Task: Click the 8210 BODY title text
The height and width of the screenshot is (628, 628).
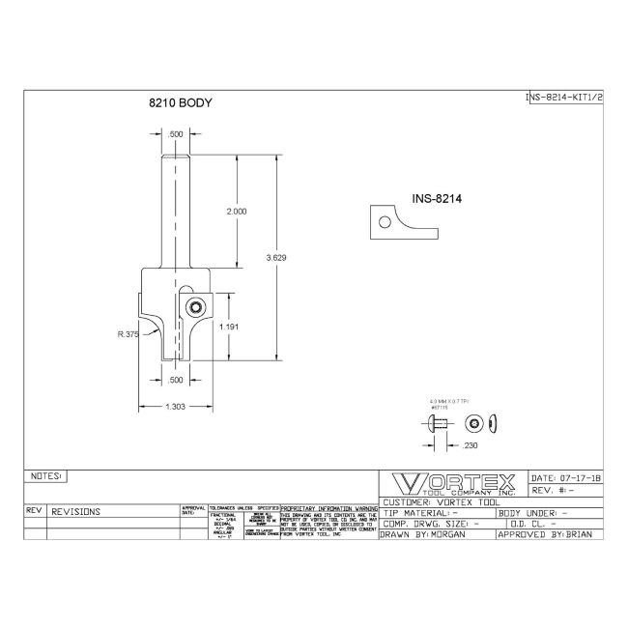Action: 181,101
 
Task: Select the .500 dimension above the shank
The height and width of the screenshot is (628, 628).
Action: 176,133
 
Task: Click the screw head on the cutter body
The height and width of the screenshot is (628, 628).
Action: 194,307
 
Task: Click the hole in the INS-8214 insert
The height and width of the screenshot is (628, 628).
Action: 385,222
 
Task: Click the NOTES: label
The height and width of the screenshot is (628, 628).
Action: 46,476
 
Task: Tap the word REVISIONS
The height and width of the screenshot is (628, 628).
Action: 80,511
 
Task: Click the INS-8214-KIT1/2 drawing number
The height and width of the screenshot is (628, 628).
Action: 563,98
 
